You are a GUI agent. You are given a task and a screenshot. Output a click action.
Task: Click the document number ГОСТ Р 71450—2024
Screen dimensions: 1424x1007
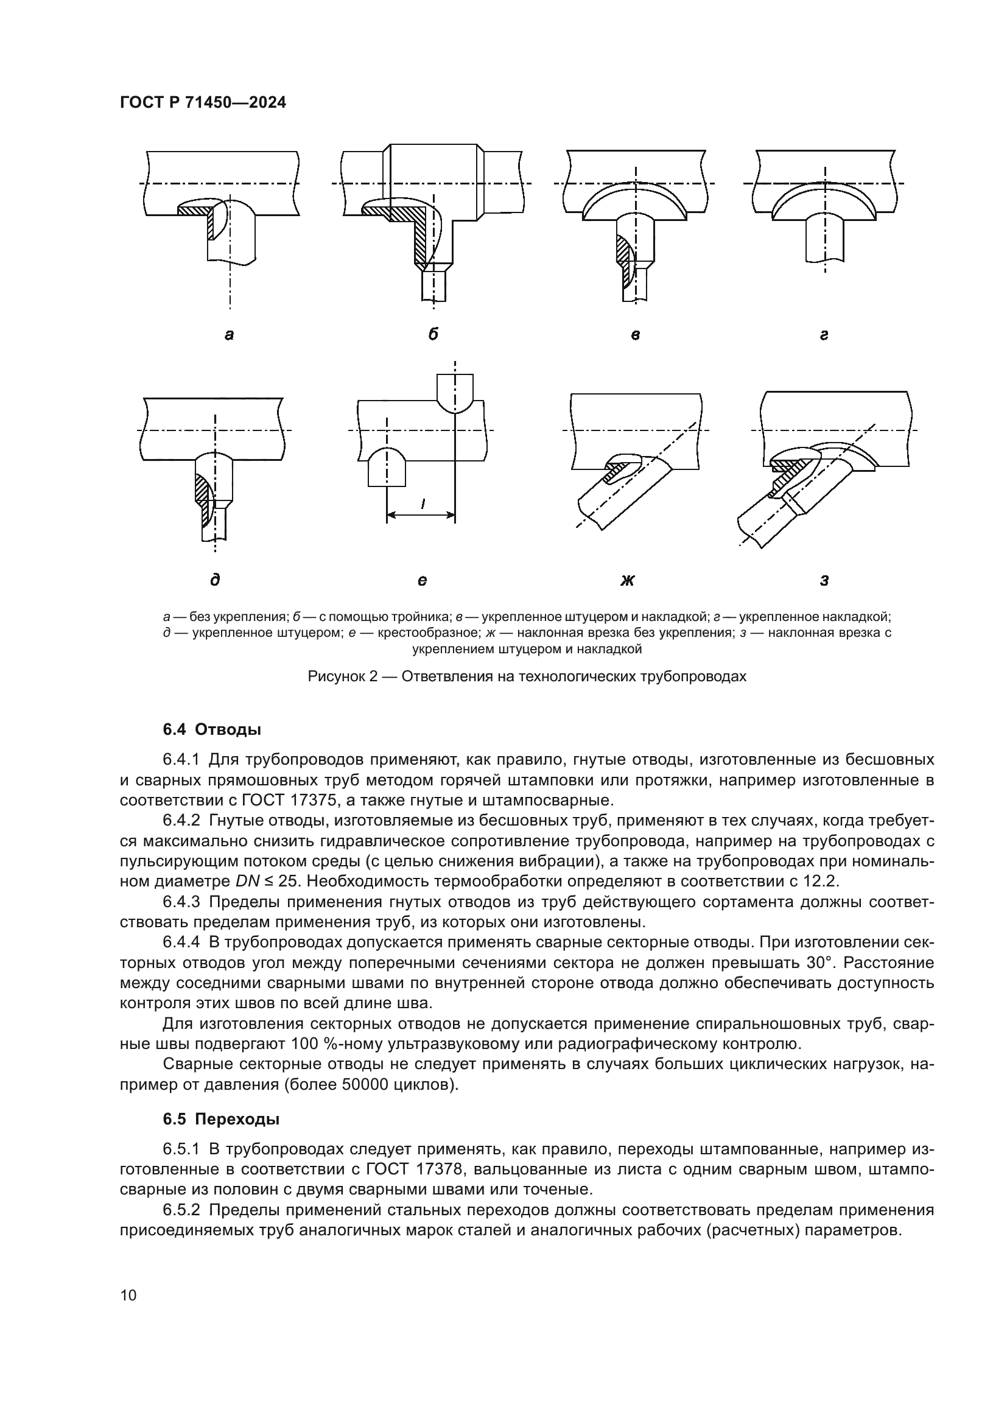pyautogui.click(x=203, y=103)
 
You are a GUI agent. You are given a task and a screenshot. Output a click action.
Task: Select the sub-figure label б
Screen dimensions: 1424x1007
pyautogui.click(x=433, y=334)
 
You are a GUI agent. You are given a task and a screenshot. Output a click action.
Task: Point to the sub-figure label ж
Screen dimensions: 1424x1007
pyautogui.click(x=628, y=581)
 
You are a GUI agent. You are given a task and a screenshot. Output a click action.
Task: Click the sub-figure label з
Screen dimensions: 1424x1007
pyautogui.click(x=824, y=581)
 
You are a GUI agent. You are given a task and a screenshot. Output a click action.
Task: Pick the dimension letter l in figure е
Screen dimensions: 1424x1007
pyautogui.click(x=423, y=504)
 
